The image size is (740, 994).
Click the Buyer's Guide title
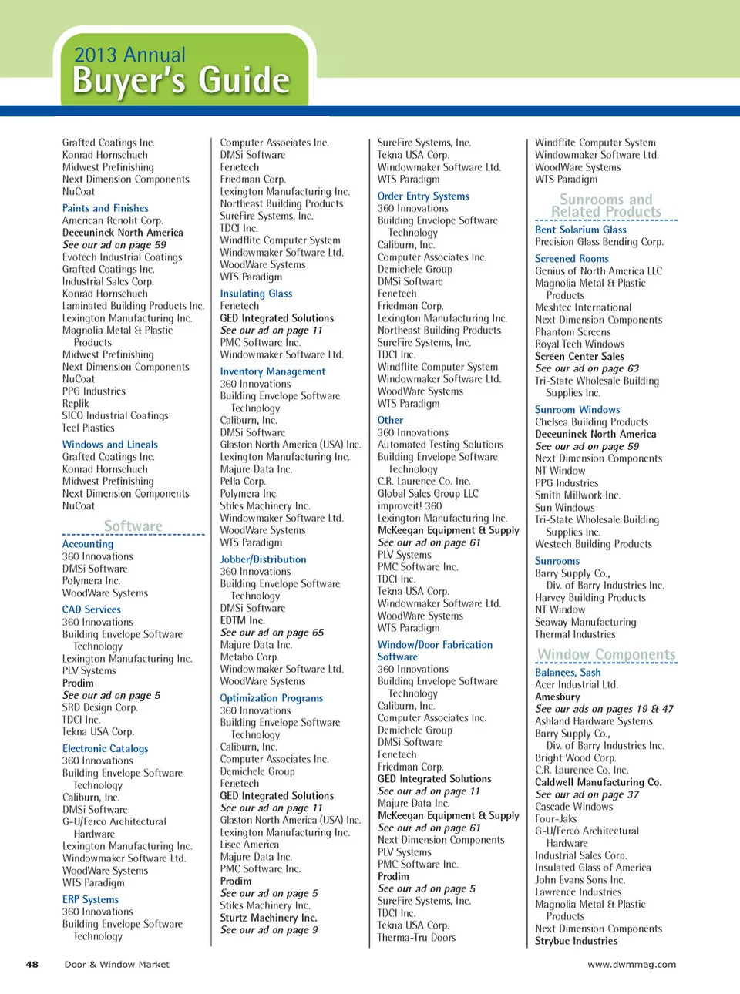pyautogui.click(x=181, y=81)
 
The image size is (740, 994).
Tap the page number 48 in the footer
pyautogui.click(x=32, y=964)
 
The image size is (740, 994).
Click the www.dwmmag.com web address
pyautogui.click(x=631, y=964)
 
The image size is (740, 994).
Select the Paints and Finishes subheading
pyautogui.click(x=106, y=208)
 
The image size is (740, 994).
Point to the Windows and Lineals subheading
pyautogui.click(x=110, y=445)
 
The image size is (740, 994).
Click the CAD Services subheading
pyautogui.click(x=92, y=609)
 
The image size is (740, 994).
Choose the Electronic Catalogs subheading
pyautogui.click(x=106, y=748)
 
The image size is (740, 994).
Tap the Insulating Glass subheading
pyautogui.click(x=256, y=294)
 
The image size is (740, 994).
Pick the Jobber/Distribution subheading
pyautogui.click(x=263, y=559)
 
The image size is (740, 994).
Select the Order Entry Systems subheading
pyautogui.click(x=423, y=196)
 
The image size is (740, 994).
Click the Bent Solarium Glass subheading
pyautogui.click(x=580, y=230)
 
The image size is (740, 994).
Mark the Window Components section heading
pyautogui.click(x=607, y=654)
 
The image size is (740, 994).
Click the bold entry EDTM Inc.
pyautogui.click(x=242, y=620)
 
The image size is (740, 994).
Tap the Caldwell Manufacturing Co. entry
pyautogui.click(x=598, y=782)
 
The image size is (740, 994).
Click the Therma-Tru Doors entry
pyautogui.click(x=416, y=938)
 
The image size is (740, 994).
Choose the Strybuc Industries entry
pyautogui.click(x=576, y=941)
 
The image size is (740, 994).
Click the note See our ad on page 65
pyautogui.click(x=271, y=633)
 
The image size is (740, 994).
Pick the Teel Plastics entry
pyautogui.click(x=88, y=428)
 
